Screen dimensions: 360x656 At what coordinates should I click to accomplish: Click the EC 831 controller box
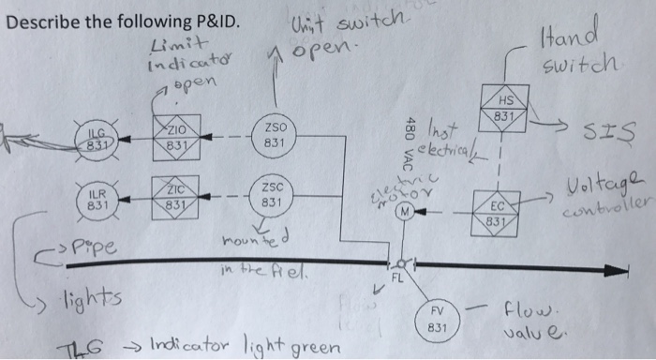(505, 212)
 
